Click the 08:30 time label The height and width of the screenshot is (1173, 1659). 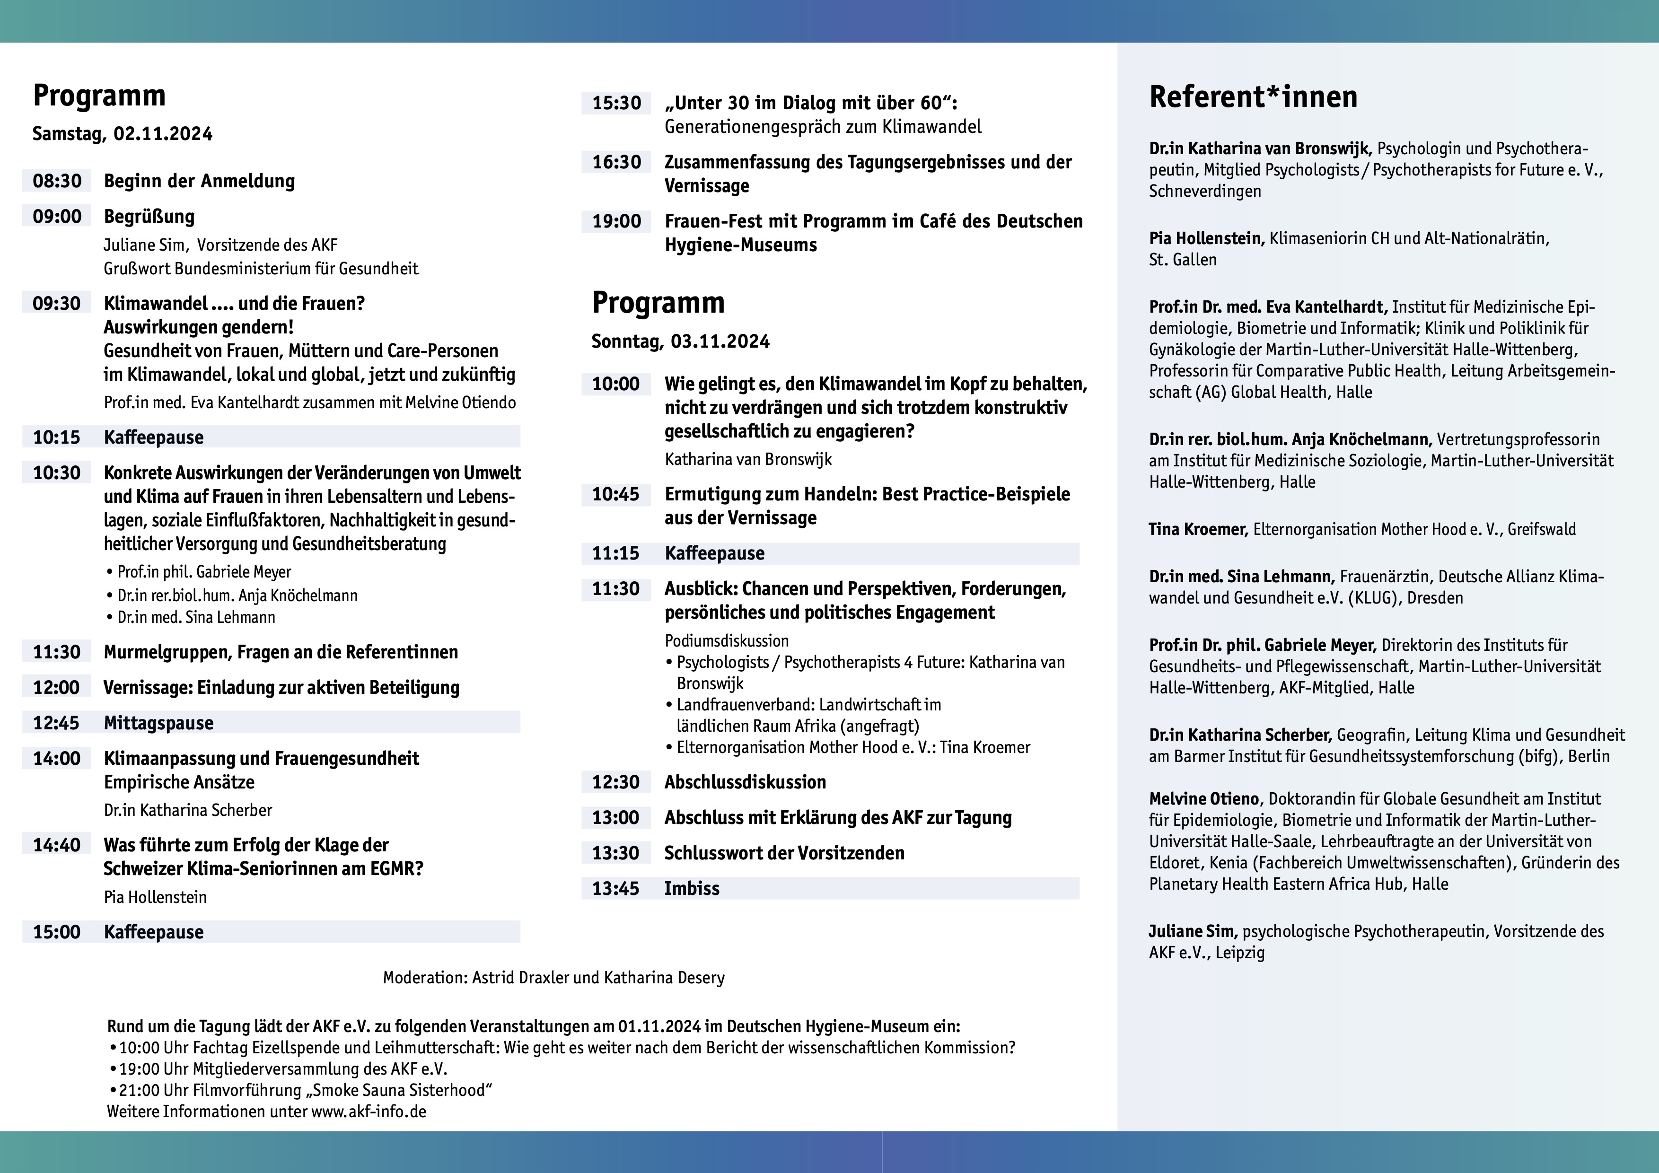[57, 181]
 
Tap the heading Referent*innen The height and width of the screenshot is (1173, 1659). [1253, 97]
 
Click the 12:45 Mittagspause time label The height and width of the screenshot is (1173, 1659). [56, 723]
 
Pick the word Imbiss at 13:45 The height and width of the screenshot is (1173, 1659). [692, 888]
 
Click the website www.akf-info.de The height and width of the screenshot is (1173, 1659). [369, 1112]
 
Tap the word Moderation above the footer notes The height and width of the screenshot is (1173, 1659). [424, 978]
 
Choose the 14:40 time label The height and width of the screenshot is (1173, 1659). [56, 845]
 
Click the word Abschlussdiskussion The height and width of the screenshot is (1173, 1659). [745, 782]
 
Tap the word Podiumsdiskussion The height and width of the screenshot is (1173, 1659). [726, 641]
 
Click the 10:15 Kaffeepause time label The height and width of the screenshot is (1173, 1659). [56, 437]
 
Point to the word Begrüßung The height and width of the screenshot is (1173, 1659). [149, 217]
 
